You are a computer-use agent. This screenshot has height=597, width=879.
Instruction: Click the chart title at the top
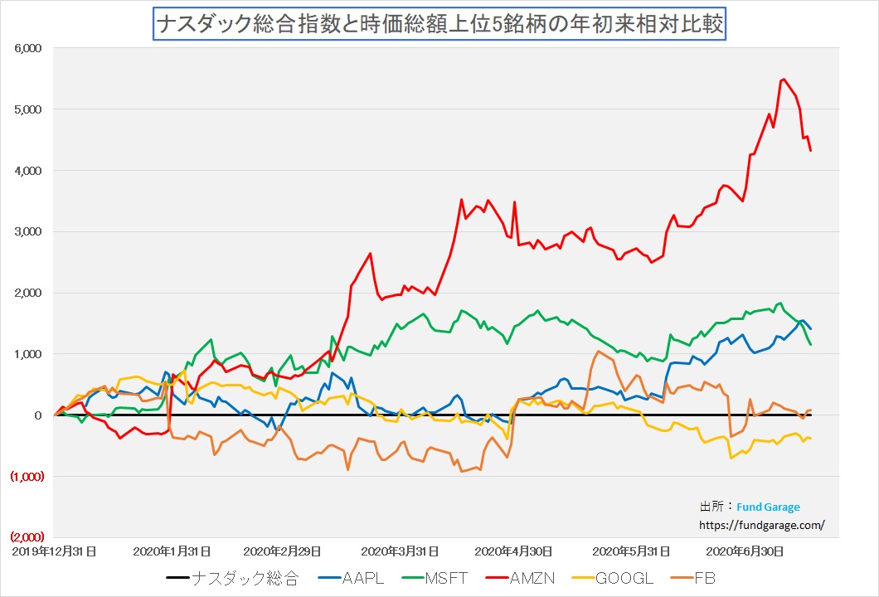pos(439,24)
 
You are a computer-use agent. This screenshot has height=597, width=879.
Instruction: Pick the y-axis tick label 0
pos(38,415)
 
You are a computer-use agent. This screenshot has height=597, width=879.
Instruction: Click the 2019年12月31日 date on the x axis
pos(53,550)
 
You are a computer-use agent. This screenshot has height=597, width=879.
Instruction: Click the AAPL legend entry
pos(362,577)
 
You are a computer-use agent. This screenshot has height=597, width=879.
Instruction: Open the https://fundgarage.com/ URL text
pos(763,524)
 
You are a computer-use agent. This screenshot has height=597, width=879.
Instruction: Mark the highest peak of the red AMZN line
pos(783,80)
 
